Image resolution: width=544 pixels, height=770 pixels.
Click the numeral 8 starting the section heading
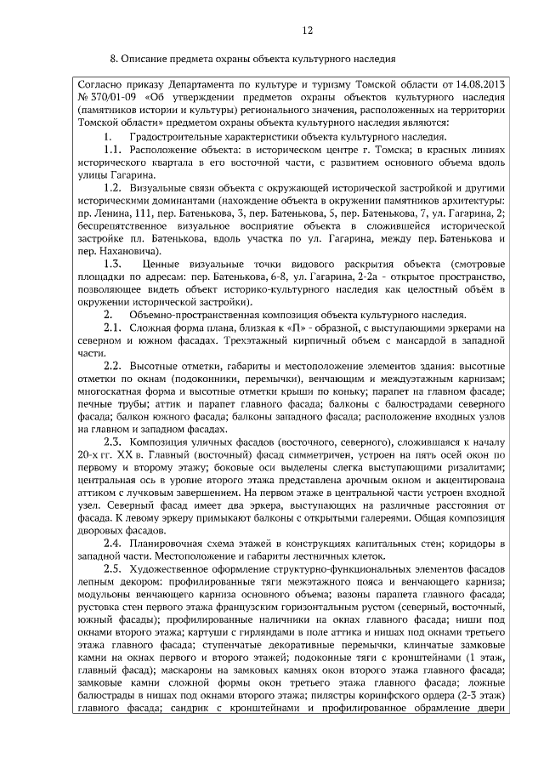coord(114,59)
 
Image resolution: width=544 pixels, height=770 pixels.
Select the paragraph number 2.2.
coord(113,366)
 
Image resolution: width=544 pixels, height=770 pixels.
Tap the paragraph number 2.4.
coord(113,544)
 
